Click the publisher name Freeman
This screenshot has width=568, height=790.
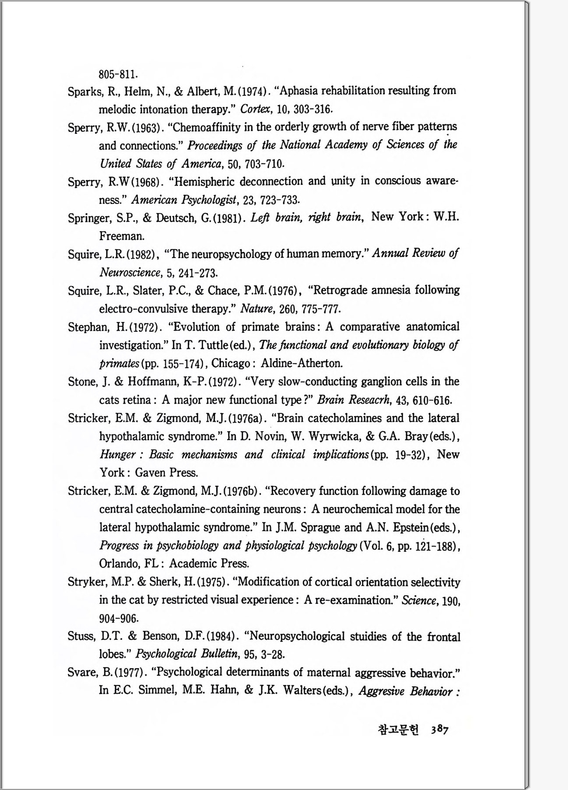pos(121,236)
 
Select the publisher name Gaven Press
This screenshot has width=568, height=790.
pos(166,472)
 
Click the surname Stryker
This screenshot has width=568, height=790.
pos(85,582)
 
